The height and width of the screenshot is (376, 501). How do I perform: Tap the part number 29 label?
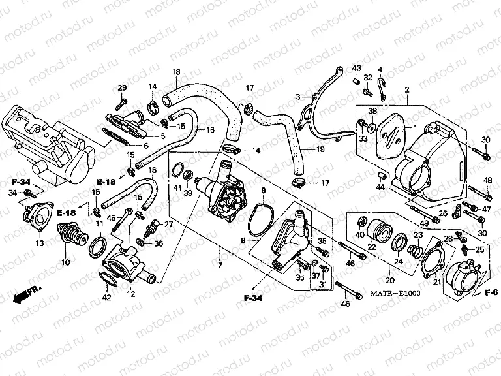click(x=122, y=88)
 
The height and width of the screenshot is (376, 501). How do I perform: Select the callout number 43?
click(x=357, y=68)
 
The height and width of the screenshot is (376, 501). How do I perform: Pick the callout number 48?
click(x=487, y=180)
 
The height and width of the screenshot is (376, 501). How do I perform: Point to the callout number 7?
click(x=220, y=266)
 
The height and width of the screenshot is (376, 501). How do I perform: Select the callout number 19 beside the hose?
click(x=320, y=149)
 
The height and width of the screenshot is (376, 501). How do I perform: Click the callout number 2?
click(x=406, y=89)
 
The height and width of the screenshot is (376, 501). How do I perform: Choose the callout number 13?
click(x=39, y=243)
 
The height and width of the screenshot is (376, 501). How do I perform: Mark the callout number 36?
click(x=159, y=244)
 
